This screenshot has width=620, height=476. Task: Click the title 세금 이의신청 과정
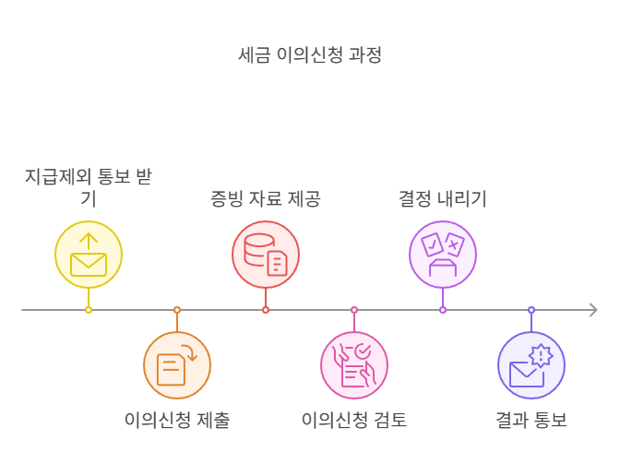pos(310,55)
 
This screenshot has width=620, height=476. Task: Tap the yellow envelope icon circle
pos(89,255)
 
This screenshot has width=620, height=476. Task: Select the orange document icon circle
pos(177,365)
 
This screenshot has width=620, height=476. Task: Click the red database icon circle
pos(266,255)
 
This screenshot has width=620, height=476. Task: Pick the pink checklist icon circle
pos(354,365)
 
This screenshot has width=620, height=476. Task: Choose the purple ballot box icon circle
pos(443,255)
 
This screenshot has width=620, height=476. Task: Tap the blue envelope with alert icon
pos(531,365)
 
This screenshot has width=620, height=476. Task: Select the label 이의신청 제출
pos(177,421)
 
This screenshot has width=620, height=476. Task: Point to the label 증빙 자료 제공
pos(266,199)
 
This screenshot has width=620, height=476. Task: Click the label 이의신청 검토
pos(354,421)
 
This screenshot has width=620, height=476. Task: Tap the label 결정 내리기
pos(443,199)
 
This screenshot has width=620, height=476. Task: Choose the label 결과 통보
pos(531,421)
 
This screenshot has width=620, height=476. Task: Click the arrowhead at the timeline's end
pos(593,310)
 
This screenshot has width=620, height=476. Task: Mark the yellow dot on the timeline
pos(89,310)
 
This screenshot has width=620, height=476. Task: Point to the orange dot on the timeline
pos(177,310)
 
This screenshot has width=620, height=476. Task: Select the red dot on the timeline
pos(266,310)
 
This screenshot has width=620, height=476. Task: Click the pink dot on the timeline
pos(354,310)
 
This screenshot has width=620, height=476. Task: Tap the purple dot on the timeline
pos(443,310)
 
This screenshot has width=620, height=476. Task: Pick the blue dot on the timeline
pos(531,310)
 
